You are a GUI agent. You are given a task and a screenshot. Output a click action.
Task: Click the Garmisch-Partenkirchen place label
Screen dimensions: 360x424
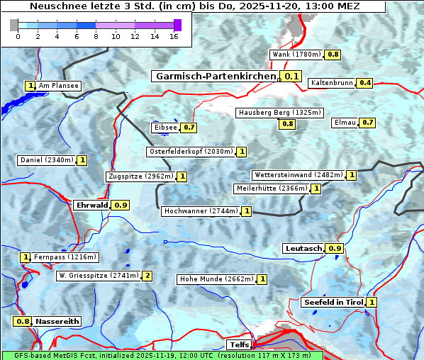215,77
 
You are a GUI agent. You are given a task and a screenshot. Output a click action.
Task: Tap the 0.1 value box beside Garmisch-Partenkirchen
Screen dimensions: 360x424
291,77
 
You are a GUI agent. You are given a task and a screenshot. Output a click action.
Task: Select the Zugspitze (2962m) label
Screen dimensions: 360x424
140,176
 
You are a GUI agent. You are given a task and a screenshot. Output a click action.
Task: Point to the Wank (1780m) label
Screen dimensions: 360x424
297,55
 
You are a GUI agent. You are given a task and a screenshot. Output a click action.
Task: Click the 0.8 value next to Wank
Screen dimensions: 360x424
333,55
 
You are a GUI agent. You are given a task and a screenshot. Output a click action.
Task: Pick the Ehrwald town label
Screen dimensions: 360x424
91,205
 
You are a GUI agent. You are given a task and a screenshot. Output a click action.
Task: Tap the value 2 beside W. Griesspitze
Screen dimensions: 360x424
147,276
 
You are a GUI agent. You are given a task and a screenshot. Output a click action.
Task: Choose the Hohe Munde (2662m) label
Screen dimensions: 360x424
216,279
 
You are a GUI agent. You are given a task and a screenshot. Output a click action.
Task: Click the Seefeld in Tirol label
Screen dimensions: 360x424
333,303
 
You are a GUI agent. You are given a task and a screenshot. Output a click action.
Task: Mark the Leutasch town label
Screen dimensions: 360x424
303,249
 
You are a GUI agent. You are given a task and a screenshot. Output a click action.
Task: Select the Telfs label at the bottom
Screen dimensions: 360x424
237,345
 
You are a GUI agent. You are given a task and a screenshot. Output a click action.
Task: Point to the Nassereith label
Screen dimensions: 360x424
57,321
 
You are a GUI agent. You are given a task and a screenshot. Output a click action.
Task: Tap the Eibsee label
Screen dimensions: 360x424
164,128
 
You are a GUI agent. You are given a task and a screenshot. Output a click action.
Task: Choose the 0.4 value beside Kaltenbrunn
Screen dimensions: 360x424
364,83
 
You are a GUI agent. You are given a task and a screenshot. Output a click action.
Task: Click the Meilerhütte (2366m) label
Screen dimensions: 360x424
272,189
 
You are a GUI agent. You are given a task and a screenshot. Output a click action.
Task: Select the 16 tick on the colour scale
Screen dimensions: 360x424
174,36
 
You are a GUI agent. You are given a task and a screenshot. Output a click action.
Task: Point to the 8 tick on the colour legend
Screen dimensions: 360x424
96,36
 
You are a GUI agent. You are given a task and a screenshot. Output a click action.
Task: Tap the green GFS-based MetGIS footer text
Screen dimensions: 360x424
162,355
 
